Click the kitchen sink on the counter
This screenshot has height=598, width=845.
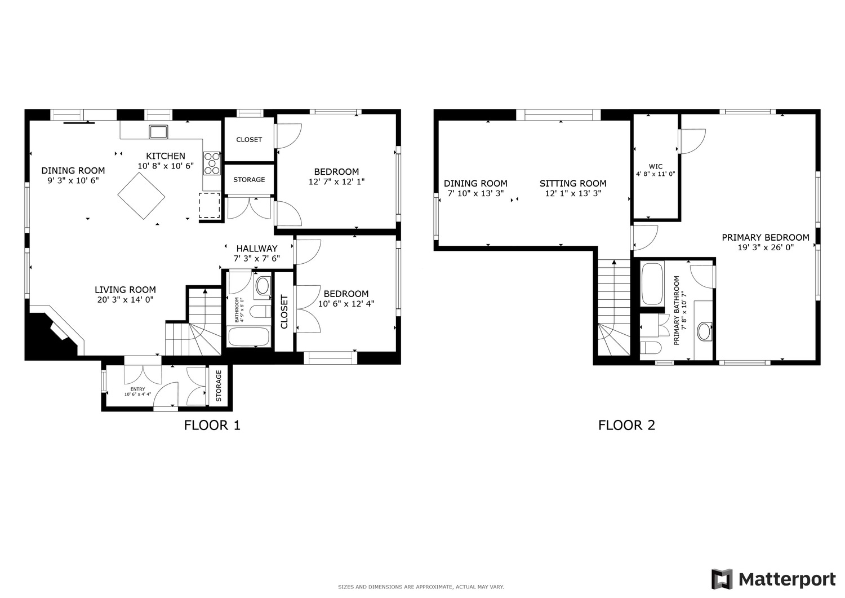click(158, 132)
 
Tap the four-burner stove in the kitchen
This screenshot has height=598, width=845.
click(212, 163)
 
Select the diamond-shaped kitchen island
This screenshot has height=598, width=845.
click(141, 196)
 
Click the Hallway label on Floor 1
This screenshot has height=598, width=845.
click(257, 249)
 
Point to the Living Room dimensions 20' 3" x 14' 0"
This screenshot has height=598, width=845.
click(125, 300)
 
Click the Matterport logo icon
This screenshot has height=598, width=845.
click(722, 579)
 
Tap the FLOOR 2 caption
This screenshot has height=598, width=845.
click(626, 425)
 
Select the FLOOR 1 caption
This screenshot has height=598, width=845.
click(212, 425)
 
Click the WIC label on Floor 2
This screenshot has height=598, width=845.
click(656, 166)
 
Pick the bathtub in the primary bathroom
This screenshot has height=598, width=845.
click(652, 284)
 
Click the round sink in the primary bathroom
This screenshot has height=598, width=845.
click(704, 331)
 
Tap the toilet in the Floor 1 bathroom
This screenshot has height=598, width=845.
click(261, 312)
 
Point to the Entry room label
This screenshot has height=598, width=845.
click(137, 389)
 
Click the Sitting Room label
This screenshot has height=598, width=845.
click(573, 184)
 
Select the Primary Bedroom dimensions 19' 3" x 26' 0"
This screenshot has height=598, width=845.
click(766, 247)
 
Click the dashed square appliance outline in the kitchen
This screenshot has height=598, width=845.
click(210, 205)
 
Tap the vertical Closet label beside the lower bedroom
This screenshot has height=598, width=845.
click(284, 312)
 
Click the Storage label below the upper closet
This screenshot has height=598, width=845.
click(249, 180)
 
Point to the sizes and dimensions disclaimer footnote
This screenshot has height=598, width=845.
click(421, 587)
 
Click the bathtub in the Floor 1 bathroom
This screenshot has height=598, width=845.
click(248, 336)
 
